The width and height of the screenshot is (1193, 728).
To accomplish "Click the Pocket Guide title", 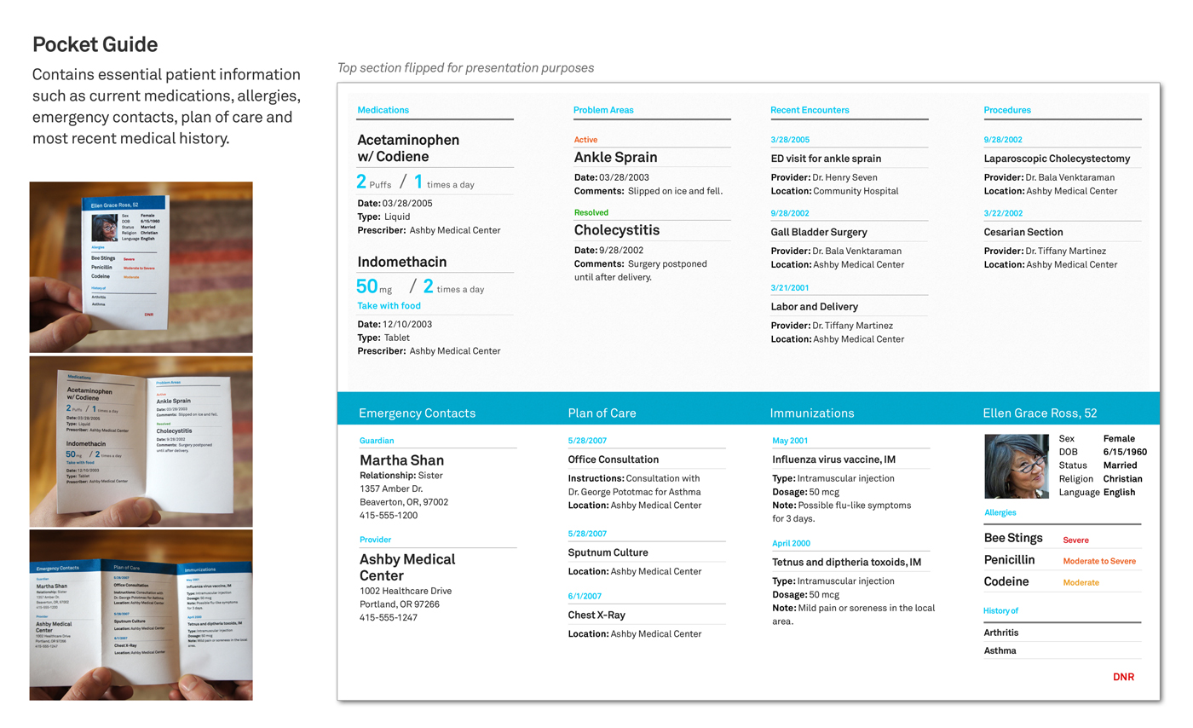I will pos(95,44).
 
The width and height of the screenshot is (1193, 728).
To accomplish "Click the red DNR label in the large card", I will pos(1123,677).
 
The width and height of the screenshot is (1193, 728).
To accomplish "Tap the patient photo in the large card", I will pos(1017,466).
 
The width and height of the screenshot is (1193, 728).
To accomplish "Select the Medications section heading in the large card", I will pos(383,110).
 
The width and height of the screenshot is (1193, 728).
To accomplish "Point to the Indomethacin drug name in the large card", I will pos(401,262).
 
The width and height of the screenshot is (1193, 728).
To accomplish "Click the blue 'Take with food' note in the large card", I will pos(389,305).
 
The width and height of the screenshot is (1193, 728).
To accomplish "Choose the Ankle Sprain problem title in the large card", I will pos(615,157).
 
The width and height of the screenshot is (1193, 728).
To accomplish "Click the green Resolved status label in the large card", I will pos(591,212).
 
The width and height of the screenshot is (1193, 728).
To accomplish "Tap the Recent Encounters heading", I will pos(809,110).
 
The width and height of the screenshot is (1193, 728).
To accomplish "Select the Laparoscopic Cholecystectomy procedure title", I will pos(1057,159).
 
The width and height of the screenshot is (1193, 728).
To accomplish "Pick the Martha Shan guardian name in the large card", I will pos(401,460).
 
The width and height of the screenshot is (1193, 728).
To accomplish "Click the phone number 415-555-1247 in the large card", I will pos(388,617).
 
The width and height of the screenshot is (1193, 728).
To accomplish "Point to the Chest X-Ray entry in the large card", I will pos(596,615).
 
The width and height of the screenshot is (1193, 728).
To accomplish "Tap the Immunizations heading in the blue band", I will pos(811,413).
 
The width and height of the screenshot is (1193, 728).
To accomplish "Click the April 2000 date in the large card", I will pos(791,543).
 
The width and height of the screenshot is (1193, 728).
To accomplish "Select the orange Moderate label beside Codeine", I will pos(1081,583).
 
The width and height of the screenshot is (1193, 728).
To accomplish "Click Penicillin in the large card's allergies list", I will pos(1009,560).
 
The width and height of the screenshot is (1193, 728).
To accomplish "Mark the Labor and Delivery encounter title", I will pos(814,307).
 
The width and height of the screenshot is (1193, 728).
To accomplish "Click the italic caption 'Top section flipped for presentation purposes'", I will pos(465,68).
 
